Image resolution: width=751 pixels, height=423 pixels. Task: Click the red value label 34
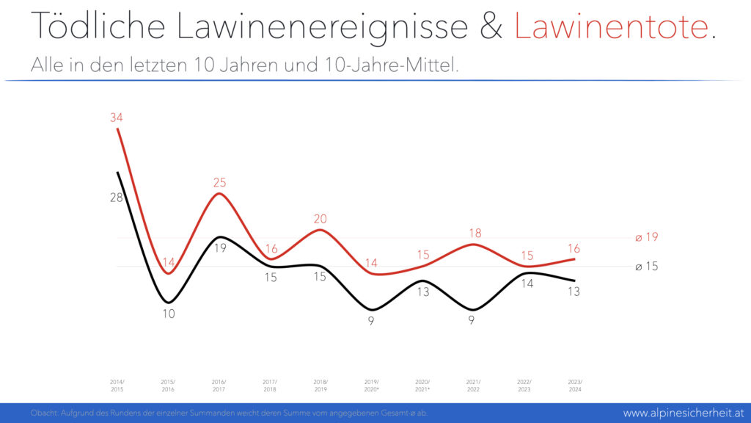click(117, 117)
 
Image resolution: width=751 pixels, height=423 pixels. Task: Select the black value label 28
click(117, 198)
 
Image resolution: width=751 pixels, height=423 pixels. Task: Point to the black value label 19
click(219, 248)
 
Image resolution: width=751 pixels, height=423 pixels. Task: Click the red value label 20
click(320, 218)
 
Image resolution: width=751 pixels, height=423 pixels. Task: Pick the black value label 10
click(169, 314)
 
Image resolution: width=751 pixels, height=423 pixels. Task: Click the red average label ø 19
click(647, 237)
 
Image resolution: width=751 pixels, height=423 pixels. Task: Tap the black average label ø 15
click(647, 267)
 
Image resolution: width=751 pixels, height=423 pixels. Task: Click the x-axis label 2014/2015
click(117, 386)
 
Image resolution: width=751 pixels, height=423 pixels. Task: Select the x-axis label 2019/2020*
click(372, 386)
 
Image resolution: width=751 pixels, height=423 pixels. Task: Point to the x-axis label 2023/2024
click(574, 386)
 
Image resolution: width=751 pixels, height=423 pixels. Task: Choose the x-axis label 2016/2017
click(219, 386)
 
